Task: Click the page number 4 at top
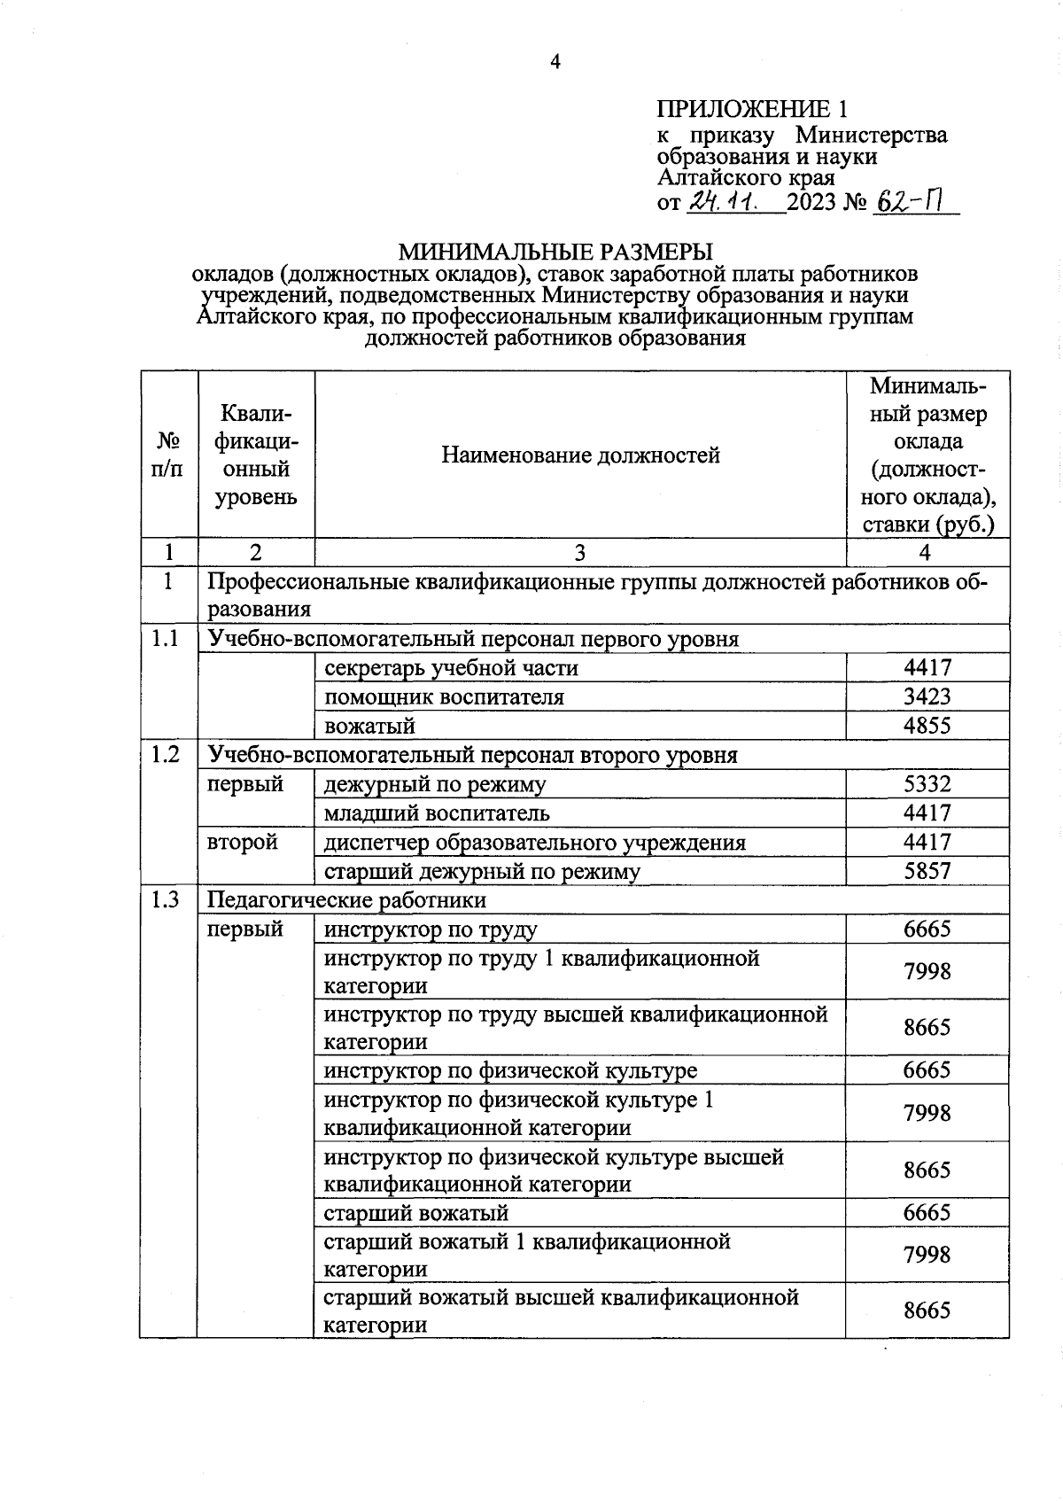click(555, 61)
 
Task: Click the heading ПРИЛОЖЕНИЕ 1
click(751, 109)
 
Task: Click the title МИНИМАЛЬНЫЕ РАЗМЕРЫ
click(555, 252)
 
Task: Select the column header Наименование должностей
click(580, 455)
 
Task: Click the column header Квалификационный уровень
click(256, 455)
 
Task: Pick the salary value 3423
click(927, 696)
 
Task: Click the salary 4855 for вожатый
click(927, 726)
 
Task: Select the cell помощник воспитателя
click(444, 696)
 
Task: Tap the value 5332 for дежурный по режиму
click(927, 784)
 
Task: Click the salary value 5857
click(927, 871)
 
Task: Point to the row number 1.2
click(165, 754)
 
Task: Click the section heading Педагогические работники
click(346, 900)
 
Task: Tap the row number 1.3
click(165, 900)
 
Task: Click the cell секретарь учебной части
click(451, 668)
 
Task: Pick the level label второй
click(242, 842)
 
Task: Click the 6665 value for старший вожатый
click(927, 1212)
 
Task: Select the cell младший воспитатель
click(437, 813)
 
